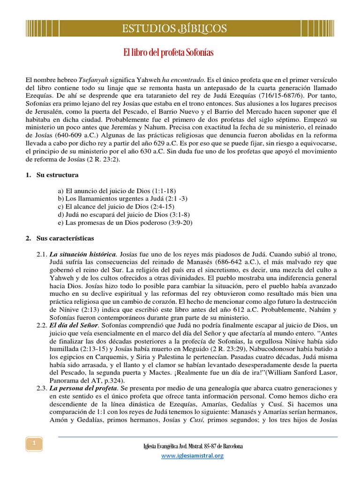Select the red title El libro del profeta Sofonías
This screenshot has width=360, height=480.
tap(168, 53)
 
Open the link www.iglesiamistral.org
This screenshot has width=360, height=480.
tap(193, 456)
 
